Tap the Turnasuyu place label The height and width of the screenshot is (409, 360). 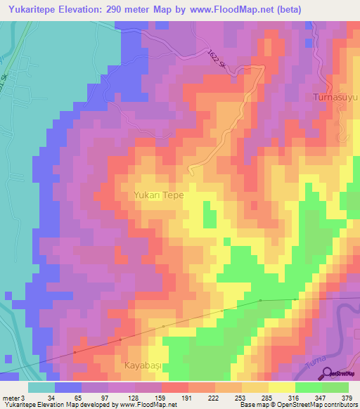coord(335,96)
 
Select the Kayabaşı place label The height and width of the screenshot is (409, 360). coord(143,366)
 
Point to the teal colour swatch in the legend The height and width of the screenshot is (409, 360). coord(41,387)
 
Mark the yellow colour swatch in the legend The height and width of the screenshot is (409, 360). coord(281,387)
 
